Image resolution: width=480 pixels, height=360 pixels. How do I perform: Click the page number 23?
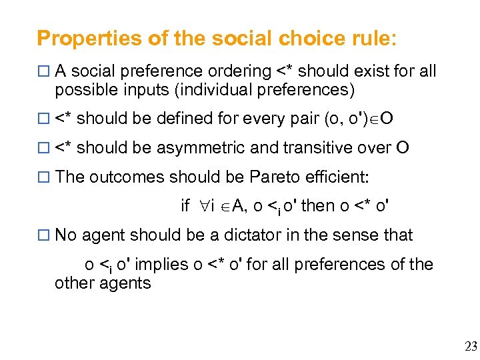[x=471, y=345]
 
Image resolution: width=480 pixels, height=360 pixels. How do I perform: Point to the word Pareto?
[x=275, y=177]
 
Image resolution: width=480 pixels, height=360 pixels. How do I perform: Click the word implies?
[x=162, y=265]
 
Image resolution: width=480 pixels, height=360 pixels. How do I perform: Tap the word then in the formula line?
[x=319, y=206]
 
